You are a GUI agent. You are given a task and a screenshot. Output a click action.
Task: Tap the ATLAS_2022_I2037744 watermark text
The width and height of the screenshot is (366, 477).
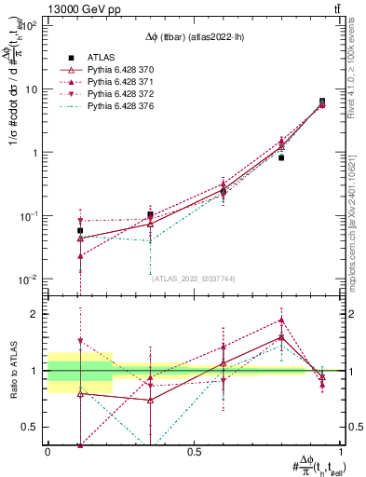pyautogui.click(x=193, y=278)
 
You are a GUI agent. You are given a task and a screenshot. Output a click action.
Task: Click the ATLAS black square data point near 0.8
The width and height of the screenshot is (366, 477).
pyautogui.click(x=281, y=157)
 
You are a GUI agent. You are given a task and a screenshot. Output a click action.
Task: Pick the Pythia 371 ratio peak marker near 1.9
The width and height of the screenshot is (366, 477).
pyautogui.click(x=281, y=320)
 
